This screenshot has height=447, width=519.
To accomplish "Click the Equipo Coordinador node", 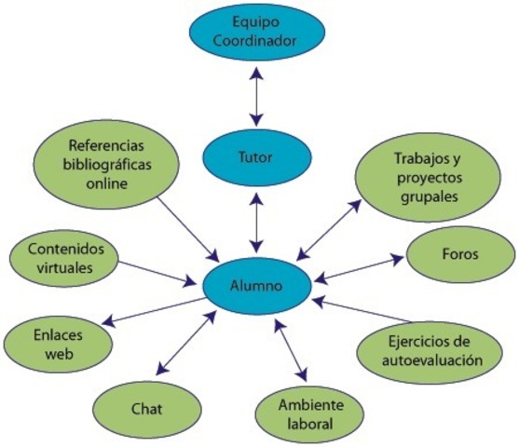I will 258,33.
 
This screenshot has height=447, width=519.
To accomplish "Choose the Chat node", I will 147,407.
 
